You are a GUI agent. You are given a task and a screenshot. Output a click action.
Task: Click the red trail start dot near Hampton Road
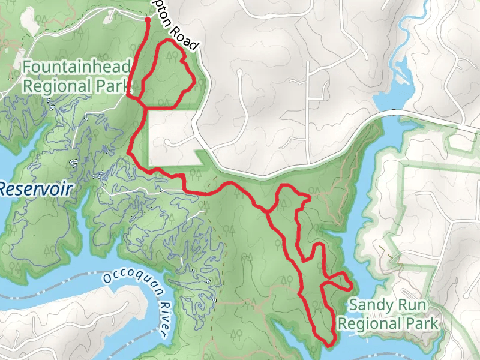148,20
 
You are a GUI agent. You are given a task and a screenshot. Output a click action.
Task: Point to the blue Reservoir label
35,190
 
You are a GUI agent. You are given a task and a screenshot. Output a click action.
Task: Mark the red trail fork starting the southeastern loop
268,211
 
